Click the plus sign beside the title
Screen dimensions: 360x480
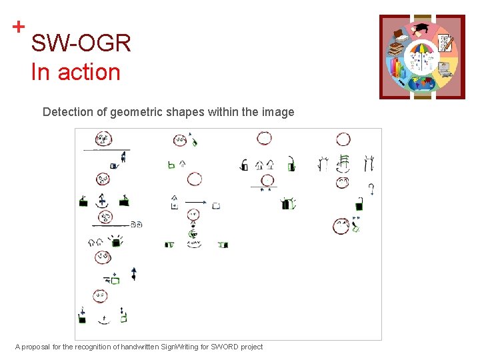19,27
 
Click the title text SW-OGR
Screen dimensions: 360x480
81,44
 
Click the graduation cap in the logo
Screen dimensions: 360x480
422,29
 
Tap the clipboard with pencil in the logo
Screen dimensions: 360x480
445,43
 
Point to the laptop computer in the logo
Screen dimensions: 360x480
444,68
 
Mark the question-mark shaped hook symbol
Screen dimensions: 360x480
371,189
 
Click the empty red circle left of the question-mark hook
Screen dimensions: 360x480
343,182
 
